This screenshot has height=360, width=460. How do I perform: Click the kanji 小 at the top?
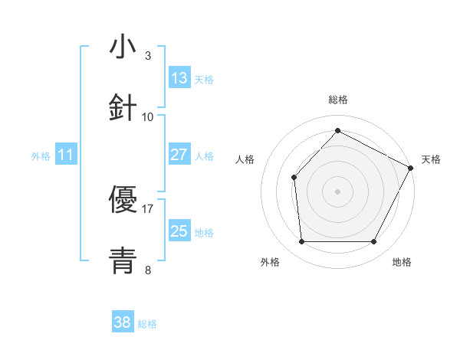123,47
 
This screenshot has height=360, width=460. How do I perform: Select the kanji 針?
123,108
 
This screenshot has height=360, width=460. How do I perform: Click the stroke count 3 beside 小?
148,55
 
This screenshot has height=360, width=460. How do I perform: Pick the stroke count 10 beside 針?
148,116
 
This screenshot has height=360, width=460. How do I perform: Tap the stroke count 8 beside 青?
148,270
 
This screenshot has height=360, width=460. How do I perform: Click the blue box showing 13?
179,78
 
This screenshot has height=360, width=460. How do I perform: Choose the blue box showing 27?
179,155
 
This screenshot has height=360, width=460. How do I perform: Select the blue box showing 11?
66,155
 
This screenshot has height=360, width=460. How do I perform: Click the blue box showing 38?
123,323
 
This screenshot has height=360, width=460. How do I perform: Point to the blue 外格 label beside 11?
41,156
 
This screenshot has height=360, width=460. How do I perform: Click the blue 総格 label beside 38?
147,324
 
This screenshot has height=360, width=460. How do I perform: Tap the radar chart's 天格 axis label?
431,159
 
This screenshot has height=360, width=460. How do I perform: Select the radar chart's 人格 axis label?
245,159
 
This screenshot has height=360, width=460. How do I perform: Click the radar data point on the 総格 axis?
337,130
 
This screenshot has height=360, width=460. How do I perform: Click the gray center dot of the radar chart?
337,191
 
